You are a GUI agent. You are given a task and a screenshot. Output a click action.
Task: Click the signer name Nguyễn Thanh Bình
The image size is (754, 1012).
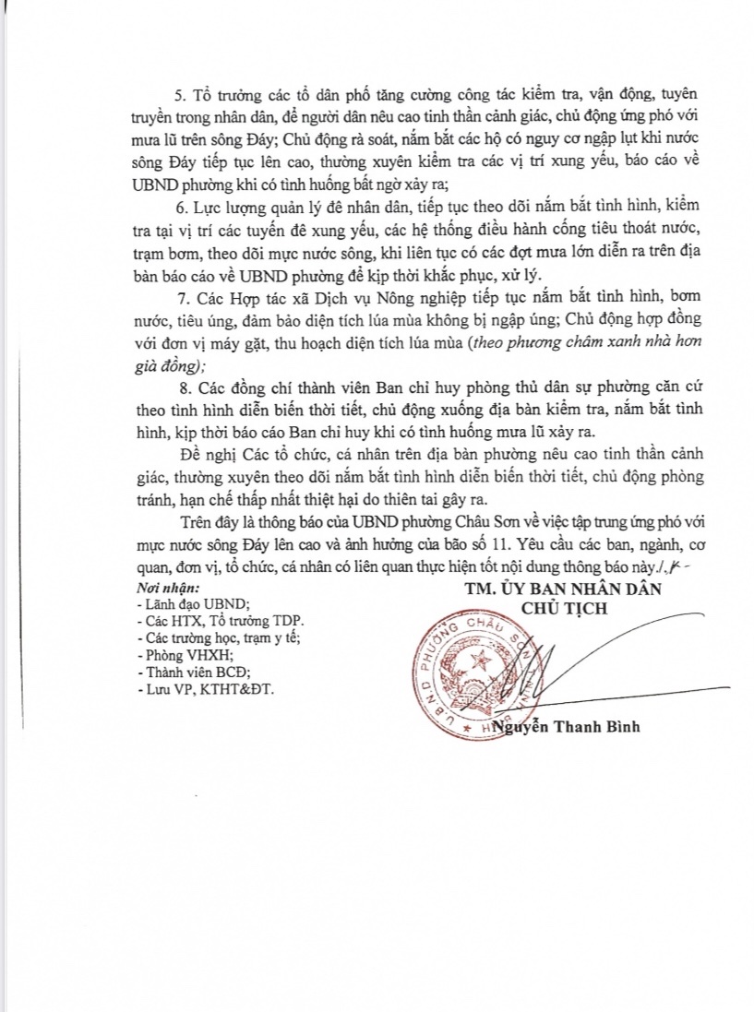tap(567, 726)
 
